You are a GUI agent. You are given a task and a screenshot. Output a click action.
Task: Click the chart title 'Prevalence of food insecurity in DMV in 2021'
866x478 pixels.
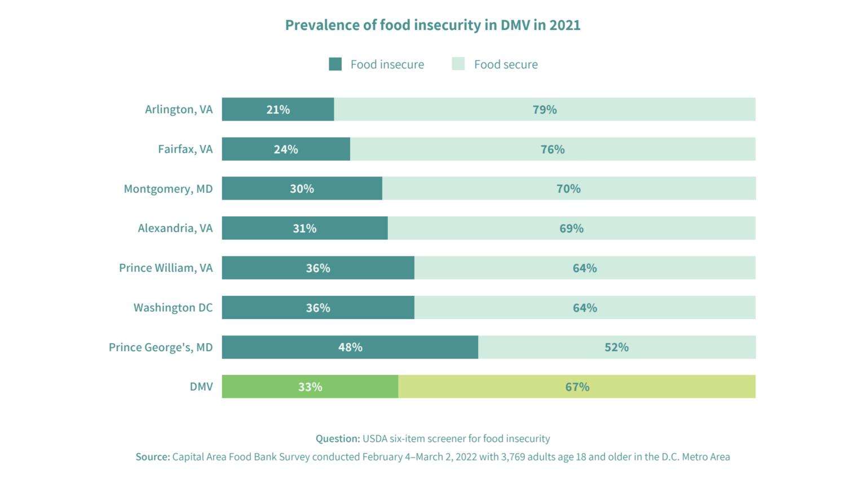[432, 25]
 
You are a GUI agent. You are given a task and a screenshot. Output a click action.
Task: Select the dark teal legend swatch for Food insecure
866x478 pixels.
[335, 64]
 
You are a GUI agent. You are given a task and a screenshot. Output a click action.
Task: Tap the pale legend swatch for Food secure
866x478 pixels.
[458, 64]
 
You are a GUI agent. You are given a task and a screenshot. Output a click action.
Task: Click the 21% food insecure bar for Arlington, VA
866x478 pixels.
[277, 109]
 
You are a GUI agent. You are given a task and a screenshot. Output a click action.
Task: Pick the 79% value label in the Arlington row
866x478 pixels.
[545, 109]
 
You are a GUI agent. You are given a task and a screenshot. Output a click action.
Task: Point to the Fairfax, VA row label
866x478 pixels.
[185, 149]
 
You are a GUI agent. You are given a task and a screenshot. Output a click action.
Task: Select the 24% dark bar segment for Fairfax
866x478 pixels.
[285, 149]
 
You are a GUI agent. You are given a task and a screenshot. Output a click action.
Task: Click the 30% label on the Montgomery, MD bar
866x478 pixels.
[302, 189]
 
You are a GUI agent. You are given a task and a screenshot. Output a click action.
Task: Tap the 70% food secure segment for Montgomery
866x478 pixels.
[568, 189]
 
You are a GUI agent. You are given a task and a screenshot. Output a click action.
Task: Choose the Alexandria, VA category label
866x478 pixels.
[175, 228]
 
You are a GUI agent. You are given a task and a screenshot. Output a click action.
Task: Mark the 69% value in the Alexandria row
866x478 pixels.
[571, 228]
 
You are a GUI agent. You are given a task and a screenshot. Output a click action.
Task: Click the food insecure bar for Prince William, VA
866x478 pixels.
[317, 268]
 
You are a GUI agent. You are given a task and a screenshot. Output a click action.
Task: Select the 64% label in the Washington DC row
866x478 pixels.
[585, 308]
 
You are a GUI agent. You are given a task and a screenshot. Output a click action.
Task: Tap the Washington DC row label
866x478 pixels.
[173, 308]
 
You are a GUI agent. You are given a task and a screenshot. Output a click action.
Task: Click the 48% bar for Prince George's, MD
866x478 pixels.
[350, 347]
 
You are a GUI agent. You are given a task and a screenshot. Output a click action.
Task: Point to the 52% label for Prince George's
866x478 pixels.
[616, 347]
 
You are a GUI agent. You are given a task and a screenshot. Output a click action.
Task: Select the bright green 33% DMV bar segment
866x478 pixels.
[310, 387]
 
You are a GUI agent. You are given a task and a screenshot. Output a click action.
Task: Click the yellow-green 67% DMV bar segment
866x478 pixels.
[577, 387]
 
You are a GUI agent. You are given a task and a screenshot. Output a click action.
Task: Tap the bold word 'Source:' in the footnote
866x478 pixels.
[153, 457]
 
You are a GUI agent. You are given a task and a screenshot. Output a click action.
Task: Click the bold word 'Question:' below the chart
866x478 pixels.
[337, 439]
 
